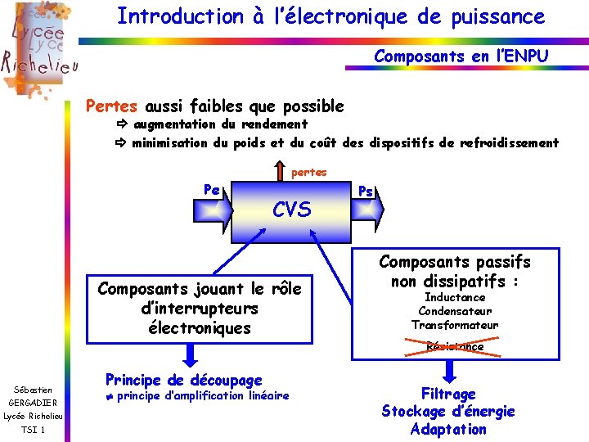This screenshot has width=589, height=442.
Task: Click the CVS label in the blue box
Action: (291, 210)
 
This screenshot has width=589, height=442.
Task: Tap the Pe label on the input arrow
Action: (211, 189)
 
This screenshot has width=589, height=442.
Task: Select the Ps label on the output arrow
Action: (366, 191)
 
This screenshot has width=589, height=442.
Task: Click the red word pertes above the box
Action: (309, 172)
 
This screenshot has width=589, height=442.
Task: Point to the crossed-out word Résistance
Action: (455, 346)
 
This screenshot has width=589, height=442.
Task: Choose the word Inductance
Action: (455, 297)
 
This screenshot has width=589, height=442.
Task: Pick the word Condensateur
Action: (455, 311)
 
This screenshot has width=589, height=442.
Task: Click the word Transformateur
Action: (455, 325)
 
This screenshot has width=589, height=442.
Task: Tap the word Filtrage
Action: (448, 394)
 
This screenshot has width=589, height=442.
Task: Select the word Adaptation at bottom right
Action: (448, 429)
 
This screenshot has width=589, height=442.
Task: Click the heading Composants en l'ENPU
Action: (461, 56)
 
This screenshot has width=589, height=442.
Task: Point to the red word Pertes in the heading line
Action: (113, 106)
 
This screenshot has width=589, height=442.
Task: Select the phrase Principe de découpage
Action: (184, 380)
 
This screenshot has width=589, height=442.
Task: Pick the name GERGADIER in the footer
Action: (34, 403)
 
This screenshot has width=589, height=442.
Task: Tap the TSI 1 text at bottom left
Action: (32, 430)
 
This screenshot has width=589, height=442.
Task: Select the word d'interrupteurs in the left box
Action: (199, 309)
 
